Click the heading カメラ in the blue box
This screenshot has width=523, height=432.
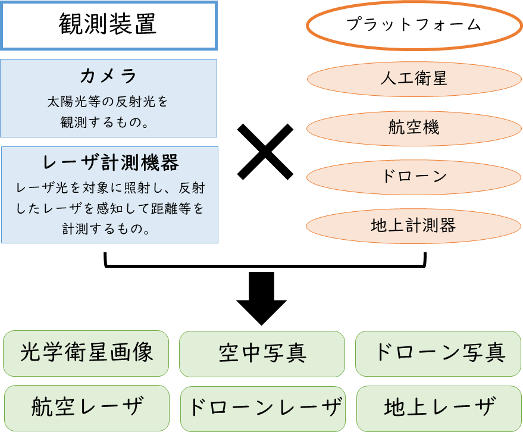click(108, 76)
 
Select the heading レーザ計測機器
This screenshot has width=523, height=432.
click(111, 163)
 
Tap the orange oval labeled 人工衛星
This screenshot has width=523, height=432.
click(414, 79)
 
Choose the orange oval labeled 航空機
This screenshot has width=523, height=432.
click(414, 127)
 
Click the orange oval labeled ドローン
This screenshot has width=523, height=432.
click(414, 177)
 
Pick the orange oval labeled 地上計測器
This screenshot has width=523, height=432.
click(414, 226)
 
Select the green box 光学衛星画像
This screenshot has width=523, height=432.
click(86, 353)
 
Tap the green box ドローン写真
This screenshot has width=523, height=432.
click(439, 353)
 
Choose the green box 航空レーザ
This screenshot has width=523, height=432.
click(86, 408)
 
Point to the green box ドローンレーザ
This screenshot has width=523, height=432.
click(262, 408)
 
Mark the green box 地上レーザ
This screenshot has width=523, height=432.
click(439, 408)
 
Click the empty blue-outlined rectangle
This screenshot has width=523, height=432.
click(109, 26)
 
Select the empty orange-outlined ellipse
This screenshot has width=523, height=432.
click(414, 26)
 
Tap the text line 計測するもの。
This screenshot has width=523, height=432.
click(110, 228)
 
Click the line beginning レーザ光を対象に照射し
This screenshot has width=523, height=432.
click(110, 189)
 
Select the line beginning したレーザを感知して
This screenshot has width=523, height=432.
click(110, 209)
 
